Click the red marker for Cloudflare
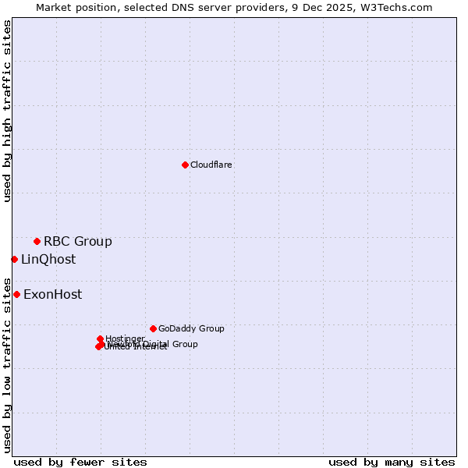pos(185,165)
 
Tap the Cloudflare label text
pos(211,165)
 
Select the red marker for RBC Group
pos(37,241)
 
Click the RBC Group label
pos(77,241)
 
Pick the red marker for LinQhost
pos(14,259)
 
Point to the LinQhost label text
pos(48,260)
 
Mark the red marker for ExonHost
pos(16,294)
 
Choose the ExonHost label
pos(52,295)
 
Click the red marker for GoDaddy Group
pos(153,328)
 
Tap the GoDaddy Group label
pos(191,328)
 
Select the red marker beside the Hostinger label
pos(100,339)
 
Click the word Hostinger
pos(125,339)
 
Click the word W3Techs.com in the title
pos(400,7)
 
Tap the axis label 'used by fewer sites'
pos(80,462)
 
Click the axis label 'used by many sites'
pos(392,462)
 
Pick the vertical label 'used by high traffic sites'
pos(7,111)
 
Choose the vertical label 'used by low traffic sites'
pos(7,365)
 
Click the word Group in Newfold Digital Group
pos(184,344)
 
